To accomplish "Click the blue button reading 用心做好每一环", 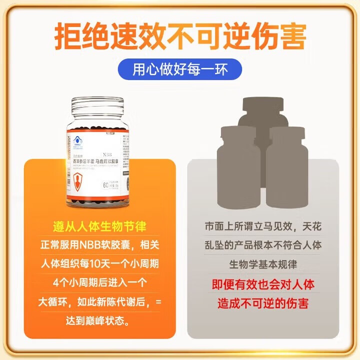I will [179, 68].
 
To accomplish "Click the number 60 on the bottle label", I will [106, 185].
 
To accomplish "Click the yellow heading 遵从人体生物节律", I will [100, 226].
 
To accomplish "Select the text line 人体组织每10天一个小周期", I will [100, 263].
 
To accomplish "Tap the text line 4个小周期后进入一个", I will [100, 282].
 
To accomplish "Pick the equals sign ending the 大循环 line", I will [159, 301].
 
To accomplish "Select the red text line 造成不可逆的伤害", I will [263, 302].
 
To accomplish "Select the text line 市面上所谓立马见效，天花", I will [263, 226].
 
